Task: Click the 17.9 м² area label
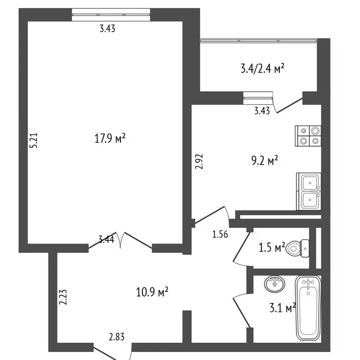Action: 110,138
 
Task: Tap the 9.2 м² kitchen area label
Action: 264,160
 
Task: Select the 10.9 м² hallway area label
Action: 152,292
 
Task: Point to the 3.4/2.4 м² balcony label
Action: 263,68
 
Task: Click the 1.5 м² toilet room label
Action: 272,247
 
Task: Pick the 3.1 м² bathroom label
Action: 282,308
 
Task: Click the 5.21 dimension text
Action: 34,140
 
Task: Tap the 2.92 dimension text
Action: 199,161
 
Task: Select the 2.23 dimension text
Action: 63,297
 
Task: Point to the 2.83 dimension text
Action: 117,337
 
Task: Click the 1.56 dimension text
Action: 220,234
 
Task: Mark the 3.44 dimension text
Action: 106,240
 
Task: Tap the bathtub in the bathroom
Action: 308,308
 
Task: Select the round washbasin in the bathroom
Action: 275,284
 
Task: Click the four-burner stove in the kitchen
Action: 308,136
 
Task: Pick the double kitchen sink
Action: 309,191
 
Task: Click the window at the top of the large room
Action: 111,15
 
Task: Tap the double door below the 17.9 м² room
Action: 120,240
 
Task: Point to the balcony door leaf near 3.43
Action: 289,106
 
